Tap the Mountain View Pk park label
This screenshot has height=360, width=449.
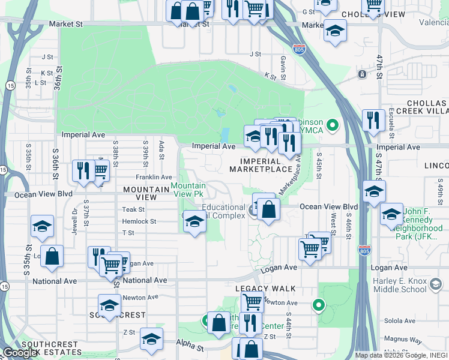click(187, 190)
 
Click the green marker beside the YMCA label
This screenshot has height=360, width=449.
click(334, 125)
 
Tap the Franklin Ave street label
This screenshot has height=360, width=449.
click(154, 177)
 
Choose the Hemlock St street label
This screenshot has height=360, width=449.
click(139, 221)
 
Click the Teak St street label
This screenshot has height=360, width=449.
click(133, 209)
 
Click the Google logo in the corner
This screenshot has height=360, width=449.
click(20, 353)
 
